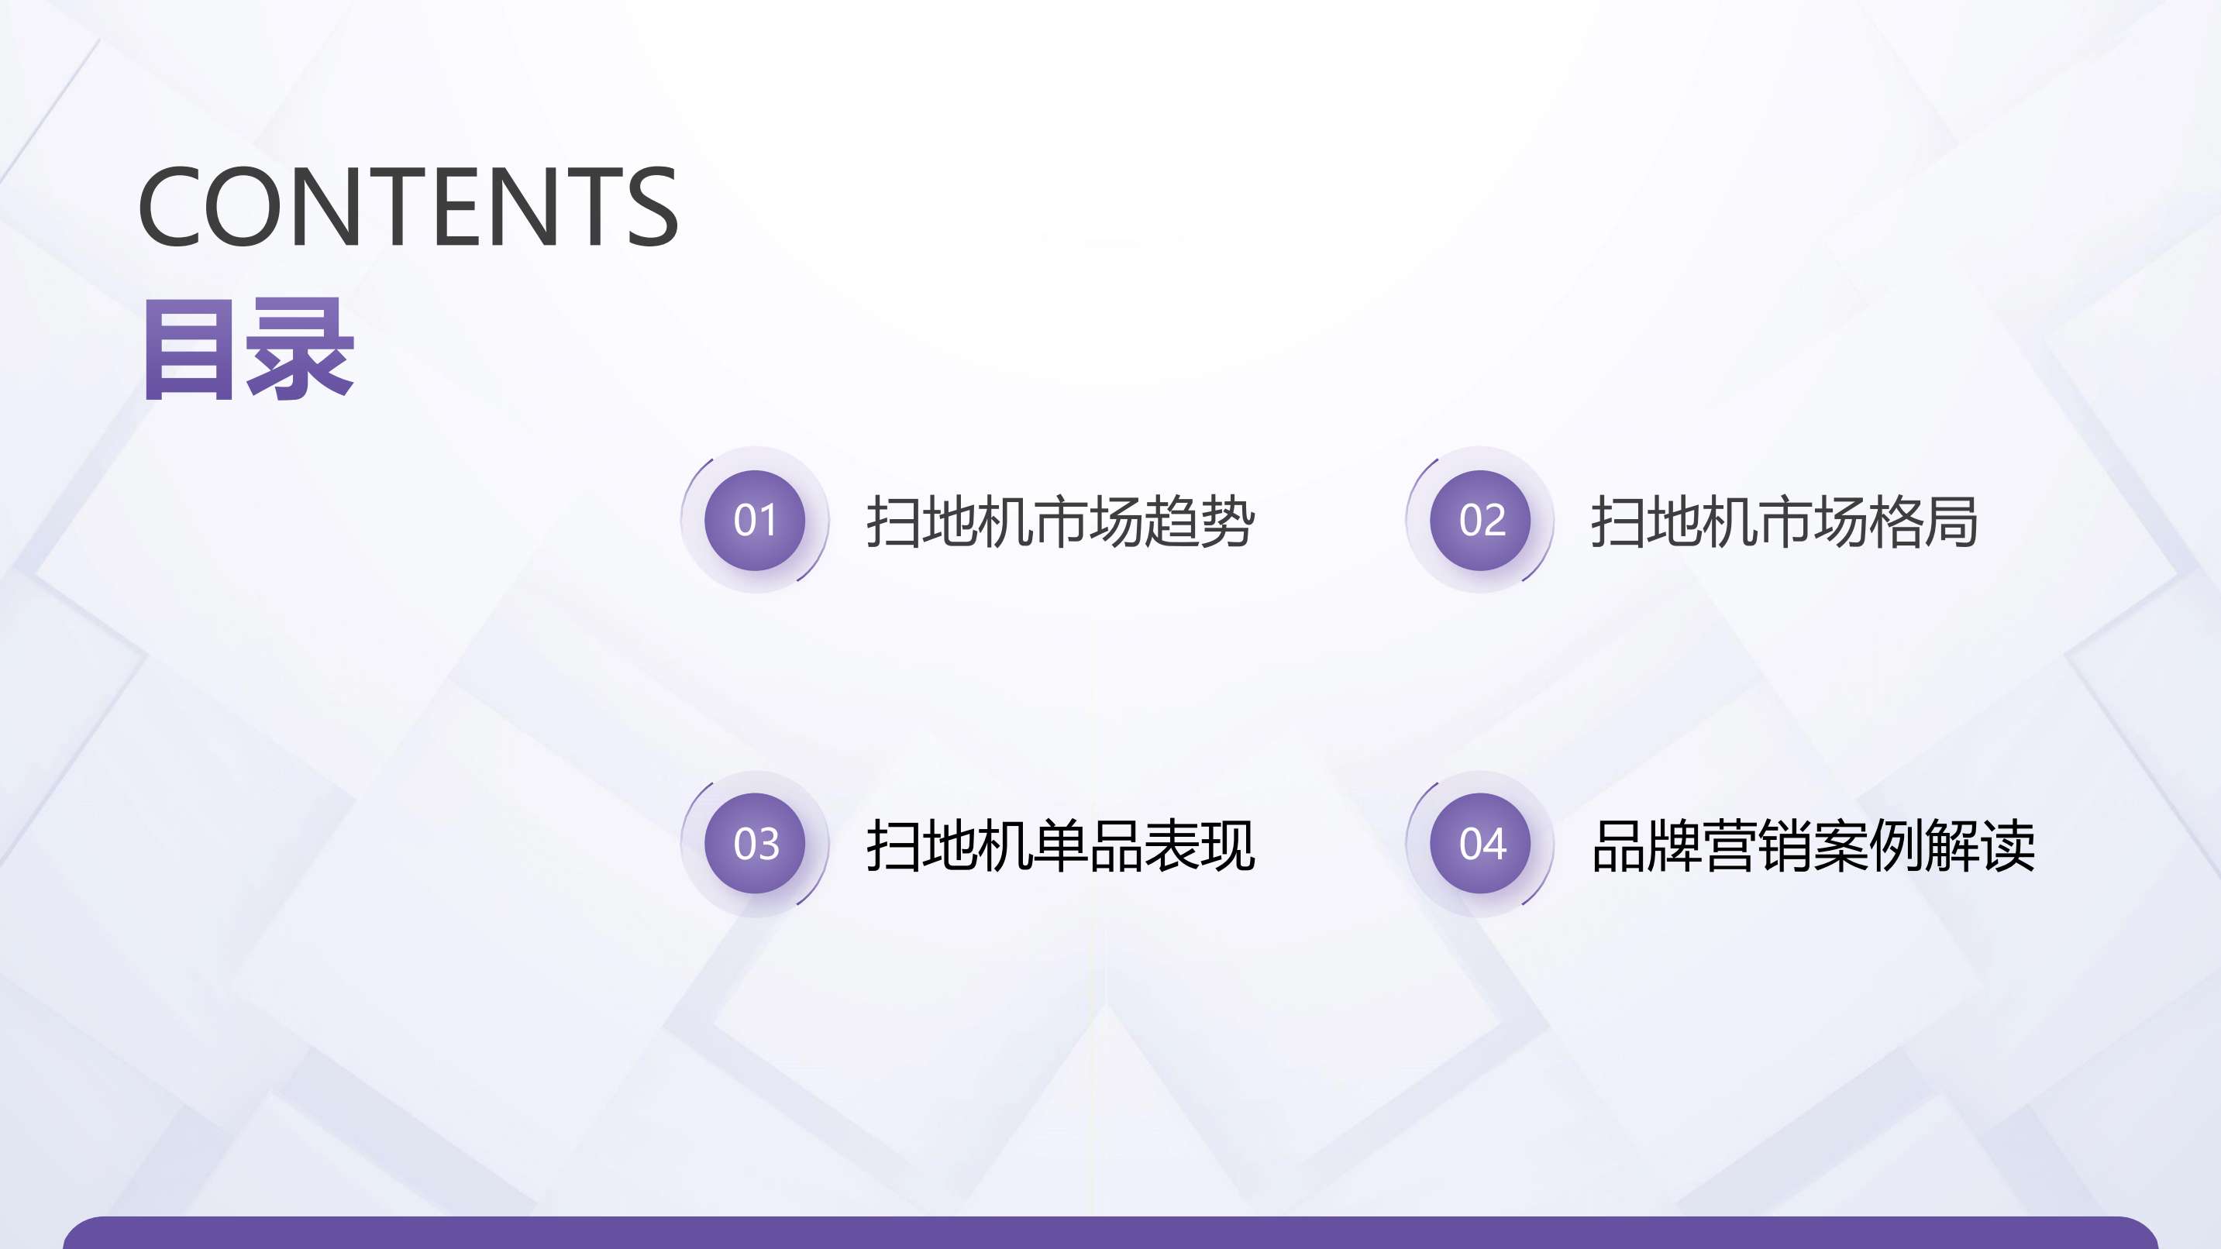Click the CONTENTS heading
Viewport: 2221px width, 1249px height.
(x=408, y=206)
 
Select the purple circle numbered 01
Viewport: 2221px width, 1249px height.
(x=755, y=520)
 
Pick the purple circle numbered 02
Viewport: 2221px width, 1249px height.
(x=1480, y=520)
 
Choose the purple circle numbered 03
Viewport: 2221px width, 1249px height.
(x=755, y=843)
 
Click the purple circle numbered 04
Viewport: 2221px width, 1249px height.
(x=1480, y=843)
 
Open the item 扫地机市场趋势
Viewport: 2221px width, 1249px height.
(x=1060, y=521)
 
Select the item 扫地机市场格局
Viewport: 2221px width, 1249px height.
(x=1785, y=521)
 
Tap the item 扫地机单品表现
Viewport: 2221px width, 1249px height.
(x=1060, y=845)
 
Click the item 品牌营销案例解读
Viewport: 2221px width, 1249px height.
(x=1813, y=845)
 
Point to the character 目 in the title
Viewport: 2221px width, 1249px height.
(x=188, y=350)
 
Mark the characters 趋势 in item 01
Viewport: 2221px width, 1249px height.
(x=1200, y=521)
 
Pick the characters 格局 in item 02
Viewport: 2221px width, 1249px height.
(x=1923, y=521)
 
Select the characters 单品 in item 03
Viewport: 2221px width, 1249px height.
(x=1088, y=845)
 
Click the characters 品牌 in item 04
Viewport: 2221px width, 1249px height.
(x=1647, y=845)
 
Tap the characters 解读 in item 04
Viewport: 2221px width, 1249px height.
(x=1981, y=845)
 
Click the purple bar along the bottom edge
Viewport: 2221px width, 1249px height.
(x=1110, y=1233)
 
